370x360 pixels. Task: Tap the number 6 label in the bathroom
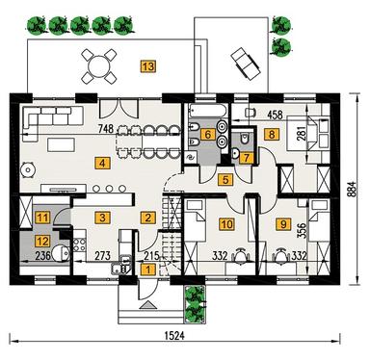207,135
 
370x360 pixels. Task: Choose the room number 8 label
273,136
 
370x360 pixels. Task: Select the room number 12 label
41,241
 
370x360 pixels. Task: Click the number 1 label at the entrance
147,270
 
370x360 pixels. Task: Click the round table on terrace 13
98,64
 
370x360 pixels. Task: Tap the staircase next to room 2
172,219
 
